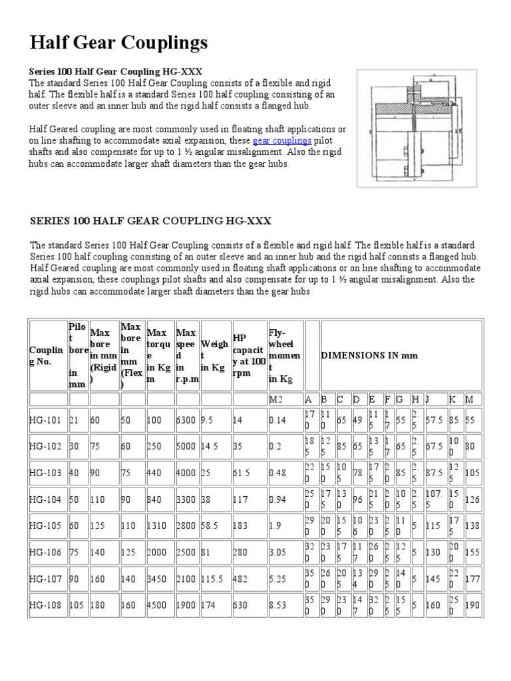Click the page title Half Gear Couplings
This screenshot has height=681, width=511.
[x=119, y=43]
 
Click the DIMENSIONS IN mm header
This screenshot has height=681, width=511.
[x=369, y=355]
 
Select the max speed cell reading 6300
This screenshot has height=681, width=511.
[x=186, y=420]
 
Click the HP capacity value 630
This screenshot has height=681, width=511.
[x=240, y=605]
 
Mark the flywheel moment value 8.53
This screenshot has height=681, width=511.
[x=279, y=605]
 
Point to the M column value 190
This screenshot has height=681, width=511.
[x=473, y=605]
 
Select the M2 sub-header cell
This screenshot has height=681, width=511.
[x=277, y=399]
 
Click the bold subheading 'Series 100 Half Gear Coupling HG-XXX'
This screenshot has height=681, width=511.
[x=115, y=70]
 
